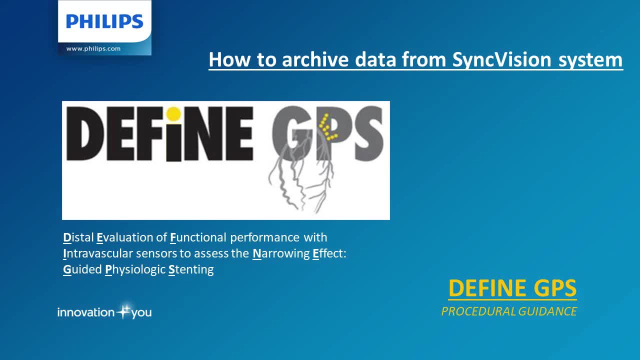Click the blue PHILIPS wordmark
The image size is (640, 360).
coord(104,21)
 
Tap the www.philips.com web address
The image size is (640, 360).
coord(93,48)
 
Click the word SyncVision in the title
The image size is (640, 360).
coord(501,59)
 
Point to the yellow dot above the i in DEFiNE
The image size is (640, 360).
coord(173,113)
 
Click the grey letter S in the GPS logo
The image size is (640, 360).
coord(368,133)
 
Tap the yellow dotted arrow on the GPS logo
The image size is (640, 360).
coord(327,127)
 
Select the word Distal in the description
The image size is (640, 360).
coord(78,237)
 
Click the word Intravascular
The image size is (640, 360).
coord(98,253)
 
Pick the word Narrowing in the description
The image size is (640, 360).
coord(281,253)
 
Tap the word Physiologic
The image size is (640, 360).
coord(135,269)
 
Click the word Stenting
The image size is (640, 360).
coord(191,269)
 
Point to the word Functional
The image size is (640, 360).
coord(198,237)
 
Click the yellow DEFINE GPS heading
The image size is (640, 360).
coord(512,288)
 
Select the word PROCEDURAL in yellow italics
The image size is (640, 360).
coord(478,311)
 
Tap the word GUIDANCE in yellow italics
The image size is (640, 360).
coord(547,311)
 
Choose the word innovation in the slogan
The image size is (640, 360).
coord(86,312)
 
